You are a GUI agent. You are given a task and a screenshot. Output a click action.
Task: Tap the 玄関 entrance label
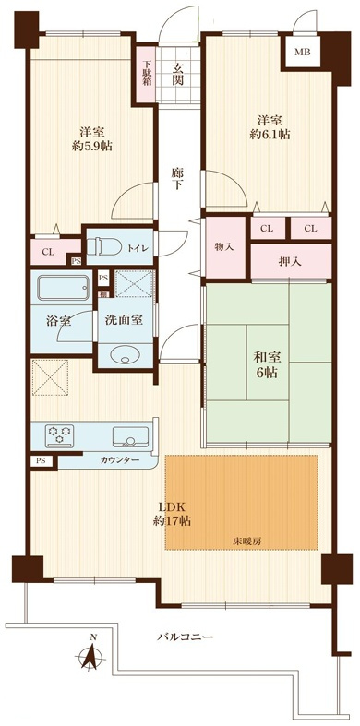[x=178, y=74]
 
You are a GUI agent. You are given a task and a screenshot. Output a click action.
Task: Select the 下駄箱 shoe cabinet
[x=146, y=73]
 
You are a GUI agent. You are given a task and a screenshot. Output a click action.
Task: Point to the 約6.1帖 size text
[x=270, y=135]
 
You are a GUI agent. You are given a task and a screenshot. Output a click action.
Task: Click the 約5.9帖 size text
[x=92, y=147]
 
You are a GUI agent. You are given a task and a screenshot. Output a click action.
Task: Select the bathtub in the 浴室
[x=64, y=288]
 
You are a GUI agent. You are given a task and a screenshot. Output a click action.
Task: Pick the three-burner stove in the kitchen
[x=59, y=435]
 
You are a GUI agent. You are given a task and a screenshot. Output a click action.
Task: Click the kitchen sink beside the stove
[x=131, y=436]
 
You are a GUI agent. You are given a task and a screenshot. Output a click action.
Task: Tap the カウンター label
[x=119, y=460]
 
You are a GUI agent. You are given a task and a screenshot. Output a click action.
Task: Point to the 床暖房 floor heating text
[x=243, y=541]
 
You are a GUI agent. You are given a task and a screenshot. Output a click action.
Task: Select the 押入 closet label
[x=291, y=261]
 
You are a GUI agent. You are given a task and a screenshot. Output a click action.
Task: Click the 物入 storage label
[x=223, y=247]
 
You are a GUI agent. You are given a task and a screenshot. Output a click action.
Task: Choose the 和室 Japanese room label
[x=265, y=357]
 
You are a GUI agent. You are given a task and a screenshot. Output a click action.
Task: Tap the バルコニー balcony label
[x=185, y=637]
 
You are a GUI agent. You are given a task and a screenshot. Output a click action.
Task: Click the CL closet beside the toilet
[x=48, y=253]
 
